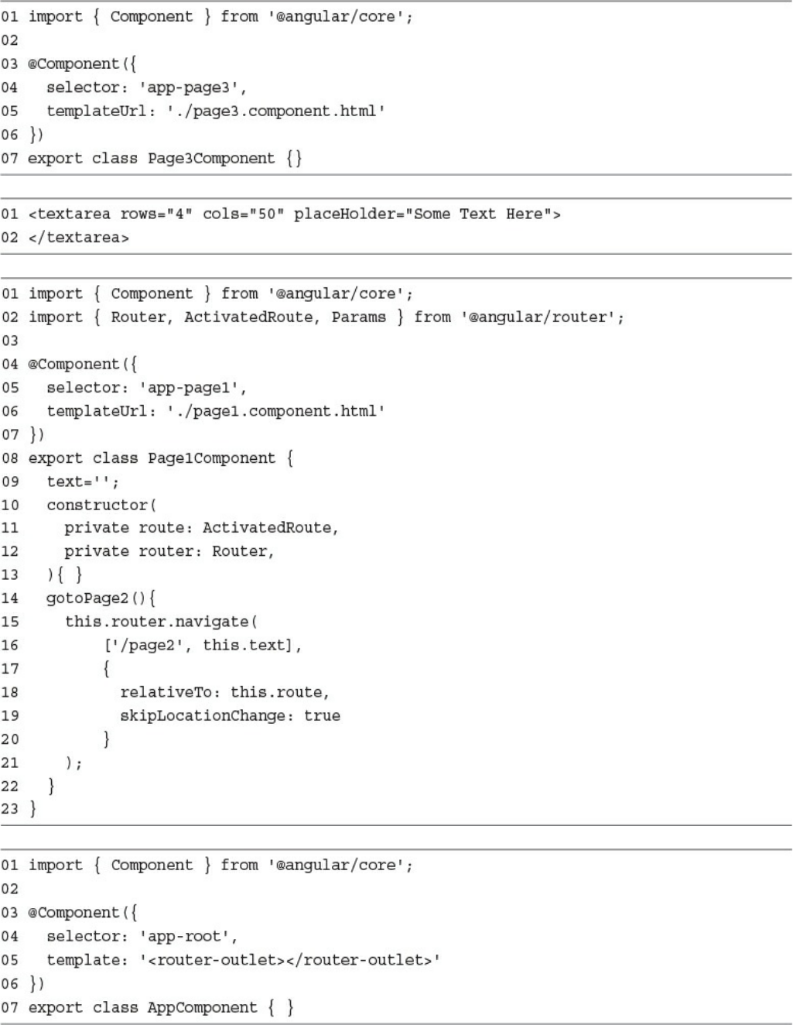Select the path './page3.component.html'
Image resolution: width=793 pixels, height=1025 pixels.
point(276,111)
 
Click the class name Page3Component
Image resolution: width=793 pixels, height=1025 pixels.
point(211,158)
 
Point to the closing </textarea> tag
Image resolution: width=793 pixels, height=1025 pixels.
point(79,237)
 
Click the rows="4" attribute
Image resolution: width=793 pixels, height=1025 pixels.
point(156,214)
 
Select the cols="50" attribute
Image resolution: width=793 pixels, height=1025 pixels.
point(243,214)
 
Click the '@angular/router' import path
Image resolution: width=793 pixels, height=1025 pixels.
point(542,317)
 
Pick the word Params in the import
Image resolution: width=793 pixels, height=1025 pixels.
point(358,317)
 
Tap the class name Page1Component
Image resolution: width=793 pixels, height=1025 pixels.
point(211,458)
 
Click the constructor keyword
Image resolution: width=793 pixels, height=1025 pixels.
point(97,505)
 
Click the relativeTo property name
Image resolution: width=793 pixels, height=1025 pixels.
point(170,692)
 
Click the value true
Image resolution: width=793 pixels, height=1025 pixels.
point(322,715)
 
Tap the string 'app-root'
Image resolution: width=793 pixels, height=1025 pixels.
point(188,936)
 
